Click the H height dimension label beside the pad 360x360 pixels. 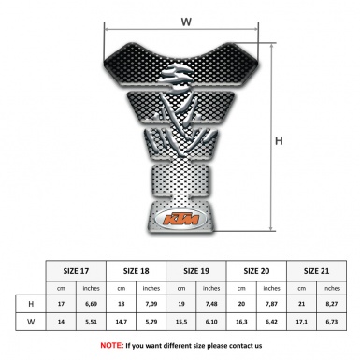[x=279, y=140]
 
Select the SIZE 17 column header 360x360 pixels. [x=77, y=270]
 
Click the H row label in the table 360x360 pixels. [x=32, y=304]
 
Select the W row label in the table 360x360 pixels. [x=32, y=322]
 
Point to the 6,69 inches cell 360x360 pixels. [x=91, y=304]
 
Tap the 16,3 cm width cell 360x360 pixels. [x=242, y=322]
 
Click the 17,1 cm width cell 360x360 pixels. [x=302, y=322]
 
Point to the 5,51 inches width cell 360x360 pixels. [x=91, y=322]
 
